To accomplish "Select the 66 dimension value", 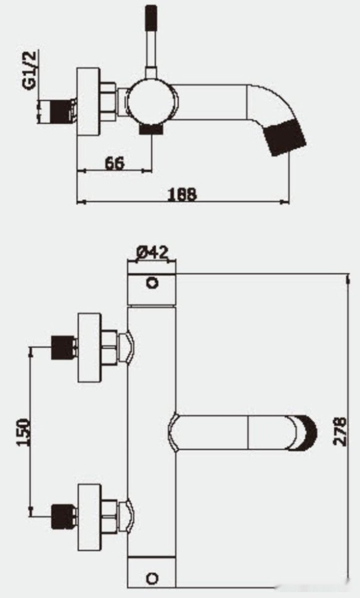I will coord(114,163).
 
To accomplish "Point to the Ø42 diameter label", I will coord(152,253).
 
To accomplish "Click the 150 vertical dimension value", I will coord(23,432).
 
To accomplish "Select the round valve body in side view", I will coord(152,102).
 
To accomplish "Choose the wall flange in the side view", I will coord(88,102).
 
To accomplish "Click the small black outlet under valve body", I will coord(150,129).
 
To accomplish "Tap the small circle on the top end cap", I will coord(152,283).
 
